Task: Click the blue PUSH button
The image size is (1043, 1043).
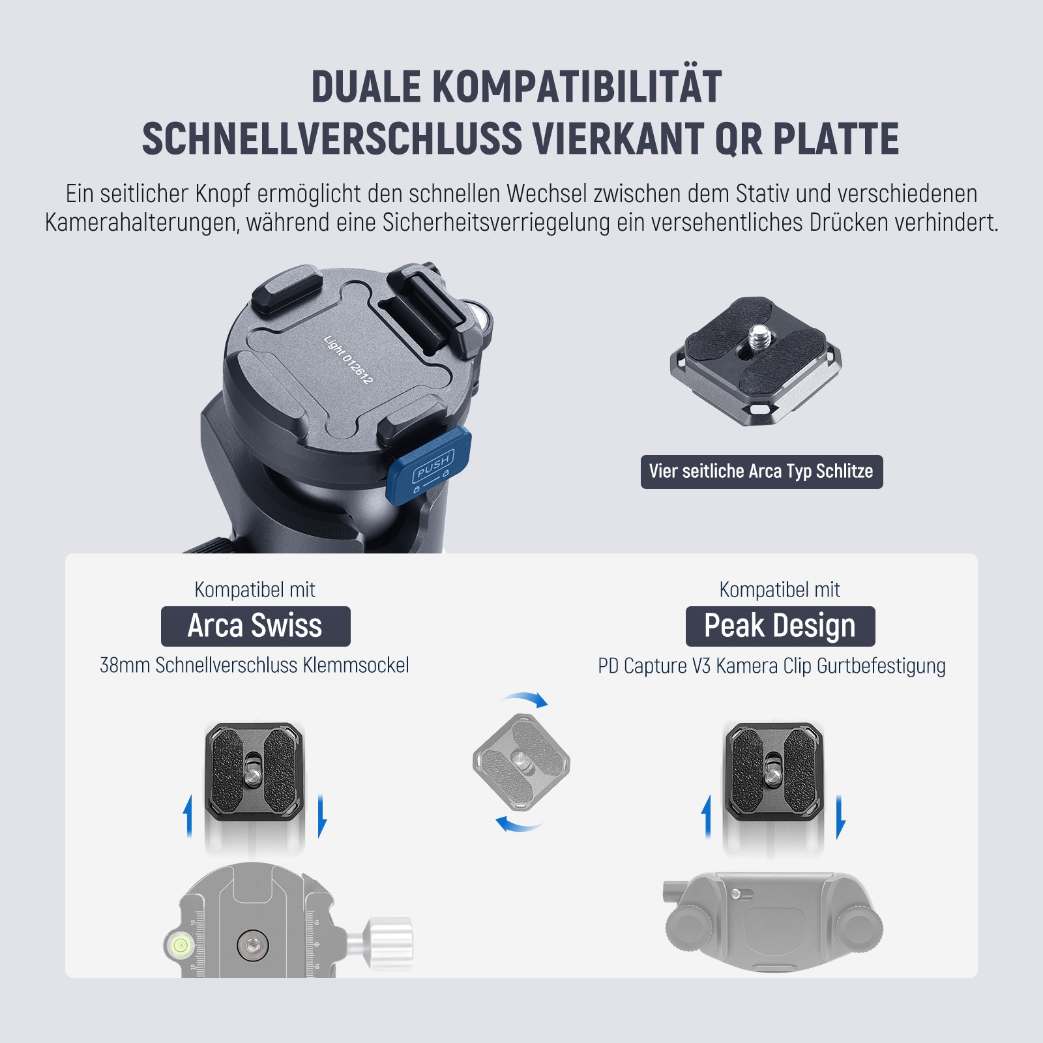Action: point(429,465)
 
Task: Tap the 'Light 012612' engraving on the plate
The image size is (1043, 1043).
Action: point(348,359)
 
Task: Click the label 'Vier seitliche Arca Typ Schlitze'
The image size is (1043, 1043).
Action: point(761,471)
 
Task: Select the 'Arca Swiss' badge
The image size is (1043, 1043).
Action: point(256,626)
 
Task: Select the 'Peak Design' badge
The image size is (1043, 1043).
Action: point(780,626)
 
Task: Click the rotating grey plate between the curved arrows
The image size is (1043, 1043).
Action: point(521,761)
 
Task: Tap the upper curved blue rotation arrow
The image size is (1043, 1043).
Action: point(526,699)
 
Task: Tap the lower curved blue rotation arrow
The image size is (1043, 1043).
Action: point(518,824)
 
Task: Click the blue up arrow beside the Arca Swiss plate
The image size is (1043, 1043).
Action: point(188,815)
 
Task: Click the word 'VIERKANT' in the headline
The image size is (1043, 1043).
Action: point(617,138)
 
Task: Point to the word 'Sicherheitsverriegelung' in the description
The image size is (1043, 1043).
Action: point(495,222)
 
